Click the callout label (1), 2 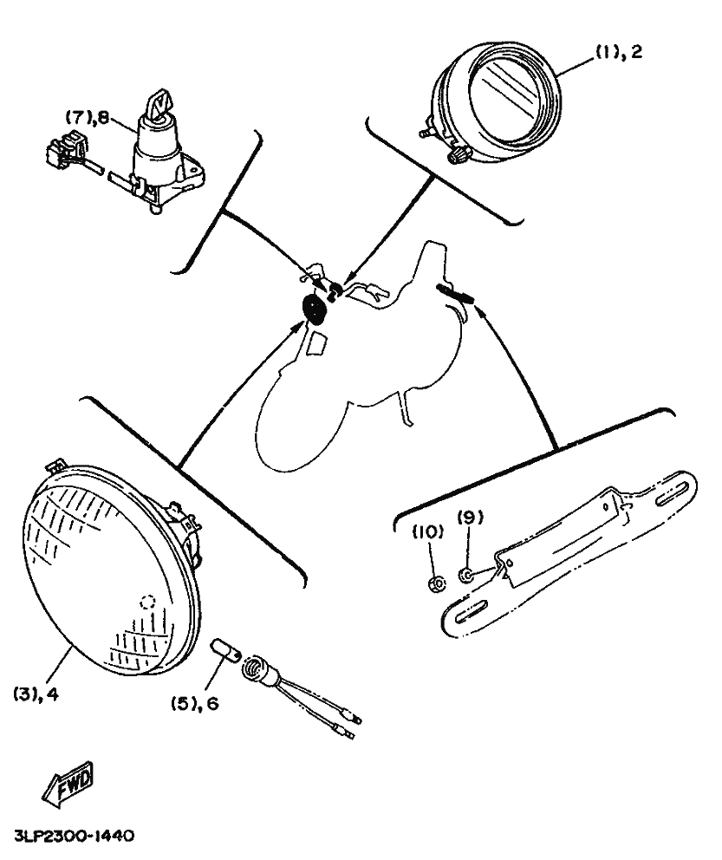point(618,54)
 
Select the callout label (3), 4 point(36,694)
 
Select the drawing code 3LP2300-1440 point(75,837)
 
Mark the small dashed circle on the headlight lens point(148,602)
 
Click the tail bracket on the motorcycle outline point(457,293)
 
